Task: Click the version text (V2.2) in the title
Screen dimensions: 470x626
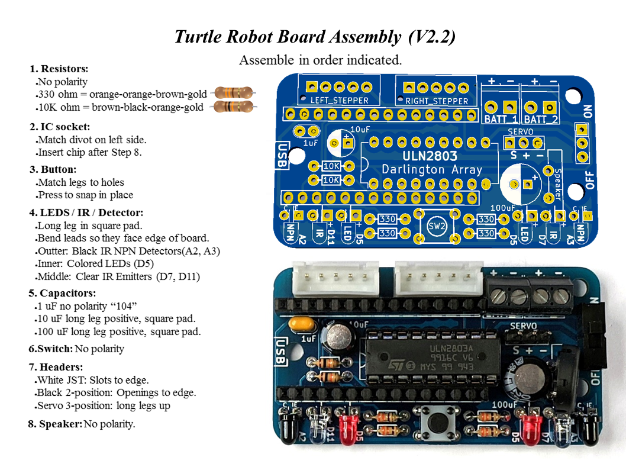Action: point(432,37)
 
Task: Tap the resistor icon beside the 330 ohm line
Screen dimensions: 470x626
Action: point(234,93)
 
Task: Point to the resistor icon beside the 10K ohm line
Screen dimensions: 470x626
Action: point(234,107)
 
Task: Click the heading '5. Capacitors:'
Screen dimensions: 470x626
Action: point(63,293)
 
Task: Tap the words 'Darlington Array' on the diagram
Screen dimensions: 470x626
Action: point(432,170)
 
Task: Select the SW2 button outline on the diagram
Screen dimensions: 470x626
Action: point(437,226)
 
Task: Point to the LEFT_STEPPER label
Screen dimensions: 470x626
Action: point(339,101)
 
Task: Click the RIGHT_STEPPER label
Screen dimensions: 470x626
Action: point(437,101)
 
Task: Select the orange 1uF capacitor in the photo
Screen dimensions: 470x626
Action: point(301,324)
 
